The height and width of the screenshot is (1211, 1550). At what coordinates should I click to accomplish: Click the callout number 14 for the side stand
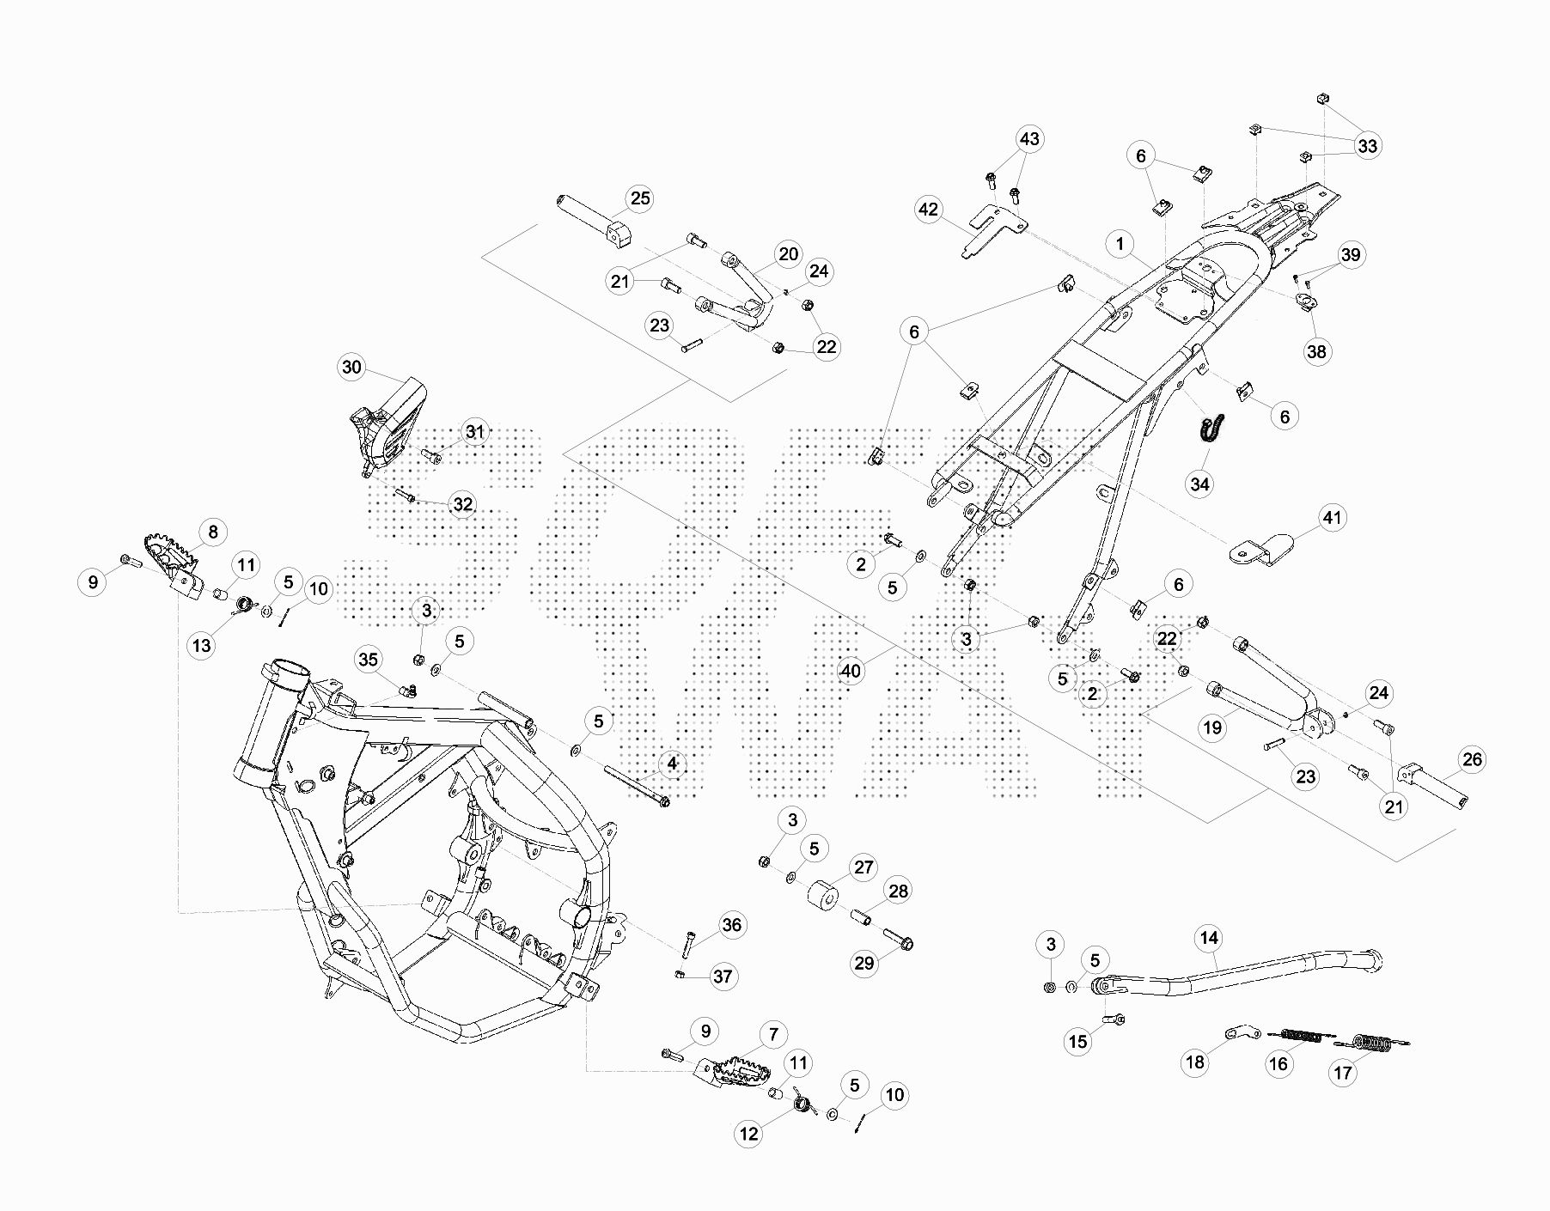1209,938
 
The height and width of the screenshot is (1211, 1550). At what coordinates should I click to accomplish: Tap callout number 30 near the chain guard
352,368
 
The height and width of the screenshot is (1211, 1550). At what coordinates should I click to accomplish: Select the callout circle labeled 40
851,671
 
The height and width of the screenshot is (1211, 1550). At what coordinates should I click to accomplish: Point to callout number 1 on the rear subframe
1120,244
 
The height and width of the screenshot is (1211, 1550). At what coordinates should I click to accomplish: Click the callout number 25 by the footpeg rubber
640,198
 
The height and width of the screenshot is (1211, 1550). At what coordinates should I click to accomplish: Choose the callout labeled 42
929,210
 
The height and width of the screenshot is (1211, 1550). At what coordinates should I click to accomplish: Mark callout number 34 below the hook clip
1199,484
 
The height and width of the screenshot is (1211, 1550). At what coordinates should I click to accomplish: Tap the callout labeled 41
1332,518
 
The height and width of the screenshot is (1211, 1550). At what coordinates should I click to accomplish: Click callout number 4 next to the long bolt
672,763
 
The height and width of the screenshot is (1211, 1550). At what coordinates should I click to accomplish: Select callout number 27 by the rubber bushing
863,867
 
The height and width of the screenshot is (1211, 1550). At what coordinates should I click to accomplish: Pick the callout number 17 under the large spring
1343,1073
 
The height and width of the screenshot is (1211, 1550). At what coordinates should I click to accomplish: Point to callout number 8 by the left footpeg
213,532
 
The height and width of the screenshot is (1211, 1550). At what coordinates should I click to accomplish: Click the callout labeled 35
368,660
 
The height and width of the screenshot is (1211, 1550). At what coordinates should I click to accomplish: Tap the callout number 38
1316,351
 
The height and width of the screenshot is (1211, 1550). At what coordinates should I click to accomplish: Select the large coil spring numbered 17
1373,1044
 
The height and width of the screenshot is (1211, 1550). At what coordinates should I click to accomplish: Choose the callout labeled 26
1472,759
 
